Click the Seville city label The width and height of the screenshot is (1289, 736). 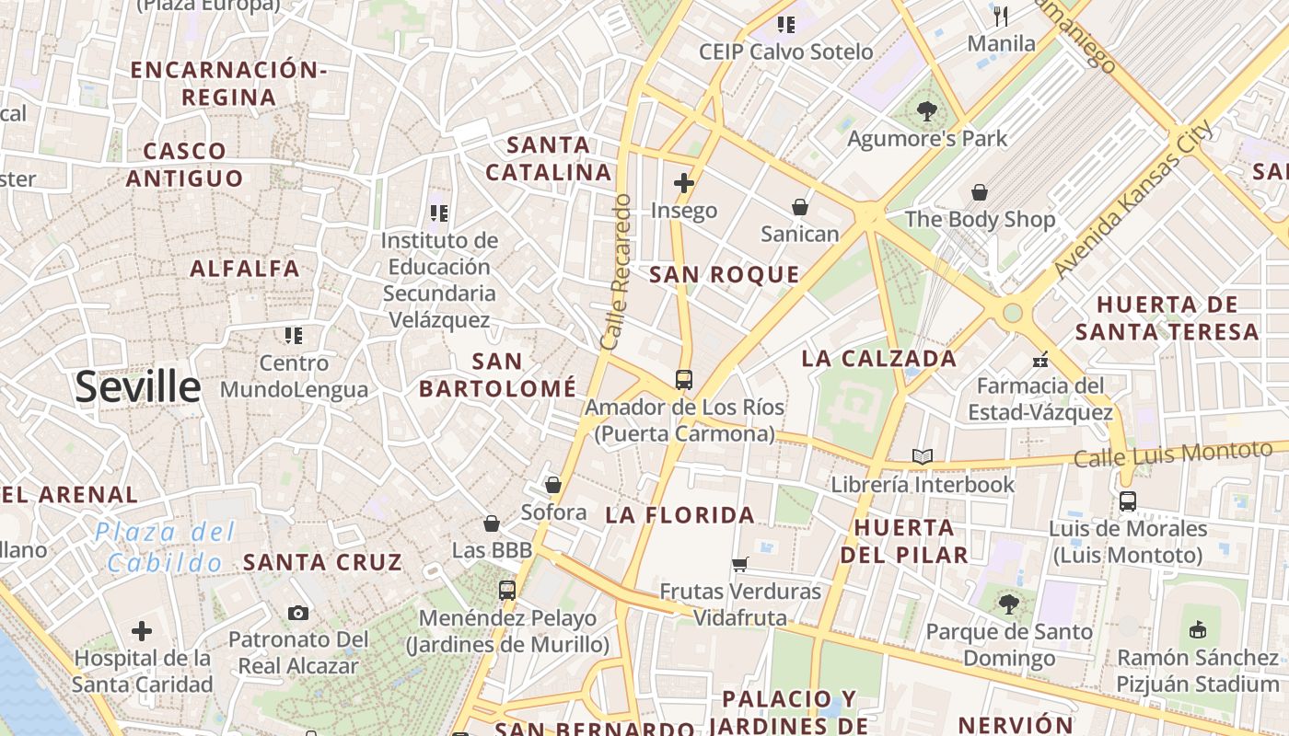click(x=138, y=387)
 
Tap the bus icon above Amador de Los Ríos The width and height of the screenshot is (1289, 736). click(x=683, y=379)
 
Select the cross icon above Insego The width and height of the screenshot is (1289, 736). click(x=683, y=183)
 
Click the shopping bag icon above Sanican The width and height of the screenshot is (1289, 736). click(x=799, y=207)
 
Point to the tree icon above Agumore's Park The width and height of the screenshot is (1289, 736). click(x=927, y=112)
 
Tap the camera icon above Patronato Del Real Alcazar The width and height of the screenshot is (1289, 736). click(x=297, y=613)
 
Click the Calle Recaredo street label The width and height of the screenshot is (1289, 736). click(x=616, y=271)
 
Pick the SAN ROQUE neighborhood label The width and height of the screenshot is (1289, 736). click(x=725, y=274)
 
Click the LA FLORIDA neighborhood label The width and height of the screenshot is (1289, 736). click(x=680, y=515)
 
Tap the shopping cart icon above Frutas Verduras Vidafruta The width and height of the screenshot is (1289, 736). click(x=740, y=564)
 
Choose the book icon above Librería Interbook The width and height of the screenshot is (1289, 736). click(x=922, y=456)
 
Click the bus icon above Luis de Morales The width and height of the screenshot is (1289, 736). click(x=1127, y=501)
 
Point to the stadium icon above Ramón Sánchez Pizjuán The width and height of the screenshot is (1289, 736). click(x=1197, y=630)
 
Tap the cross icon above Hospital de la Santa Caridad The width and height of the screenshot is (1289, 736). click(x=142, y=631)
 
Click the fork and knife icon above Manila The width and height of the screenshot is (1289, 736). click(x=1001, y=16)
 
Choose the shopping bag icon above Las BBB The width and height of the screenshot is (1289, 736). click(x=492, y=523)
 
